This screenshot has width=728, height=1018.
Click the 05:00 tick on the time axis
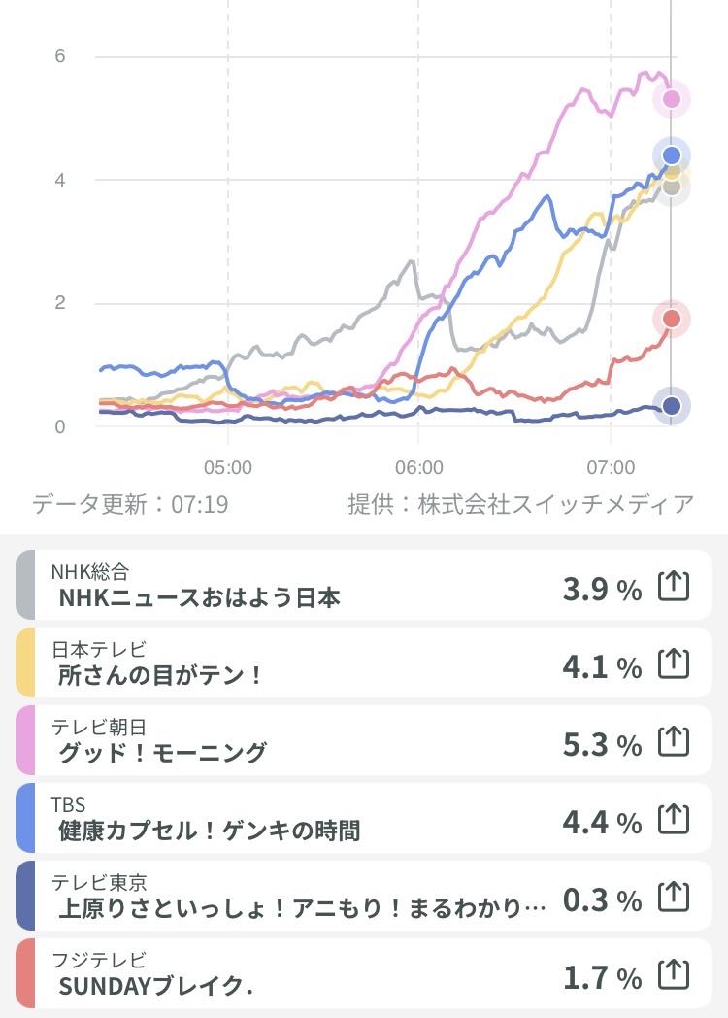tap(228, 466)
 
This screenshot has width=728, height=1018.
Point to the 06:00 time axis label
tap(418, 466)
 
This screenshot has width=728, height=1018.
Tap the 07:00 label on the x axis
tap(611, 466)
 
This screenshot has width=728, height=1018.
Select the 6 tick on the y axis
tap(60, 56)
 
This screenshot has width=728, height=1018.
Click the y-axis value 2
tap(60, 303)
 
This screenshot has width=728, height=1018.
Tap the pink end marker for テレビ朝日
tap(671, 98)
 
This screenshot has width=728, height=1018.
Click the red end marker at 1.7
tap(671, 319)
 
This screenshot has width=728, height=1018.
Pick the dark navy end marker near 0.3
tap(671, 406)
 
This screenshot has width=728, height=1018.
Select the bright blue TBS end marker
tap(671, 155)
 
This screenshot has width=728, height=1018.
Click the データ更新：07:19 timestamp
tap(130, 505)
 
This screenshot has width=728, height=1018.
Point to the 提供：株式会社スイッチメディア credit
tap(521, 505)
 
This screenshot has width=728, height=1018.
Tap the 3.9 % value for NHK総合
tap(602, 588)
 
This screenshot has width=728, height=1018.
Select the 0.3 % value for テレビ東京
tap(602, 900)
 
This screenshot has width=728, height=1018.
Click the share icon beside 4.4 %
tap(674, 821)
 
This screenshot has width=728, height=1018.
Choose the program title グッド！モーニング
tap(162, 753)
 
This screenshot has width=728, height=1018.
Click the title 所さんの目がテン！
tap(161, 675)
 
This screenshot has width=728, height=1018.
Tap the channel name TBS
tap(68, 804)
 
